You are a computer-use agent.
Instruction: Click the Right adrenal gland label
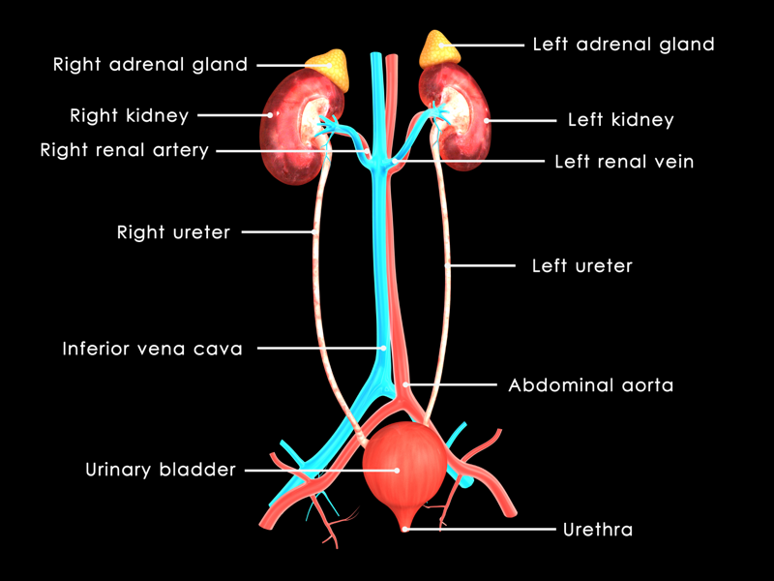tap(150, 65)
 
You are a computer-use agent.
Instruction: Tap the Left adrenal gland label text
tap(623, 45)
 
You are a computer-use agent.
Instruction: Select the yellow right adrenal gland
tap(329, 68)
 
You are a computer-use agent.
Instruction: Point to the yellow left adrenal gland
tap(438, 49)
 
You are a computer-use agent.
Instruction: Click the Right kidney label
tap(130, 115)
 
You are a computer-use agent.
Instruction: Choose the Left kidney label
tap(621, 120)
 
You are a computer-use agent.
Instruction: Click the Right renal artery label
tap(125, 150)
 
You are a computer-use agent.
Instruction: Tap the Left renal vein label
tap(624, 162)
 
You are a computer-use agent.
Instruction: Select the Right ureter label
tap(173, 232)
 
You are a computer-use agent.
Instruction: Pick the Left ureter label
tap(582, 265)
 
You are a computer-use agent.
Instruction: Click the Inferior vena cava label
tap(152, 349)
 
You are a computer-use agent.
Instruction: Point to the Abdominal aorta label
tap(591, 384)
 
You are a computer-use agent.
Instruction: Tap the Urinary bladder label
tap(161, 470)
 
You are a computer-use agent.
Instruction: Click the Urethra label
tap(598, 530)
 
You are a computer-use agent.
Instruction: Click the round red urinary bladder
tap(404, 470)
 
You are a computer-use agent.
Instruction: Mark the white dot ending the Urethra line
tap(404, 529)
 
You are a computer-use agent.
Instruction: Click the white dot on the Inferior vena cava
tap(383, 349)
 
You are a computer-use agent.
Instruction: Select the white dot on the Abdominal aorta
tap(404, 384)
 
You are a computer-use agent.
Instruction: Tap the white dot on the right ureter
tap(313, 231)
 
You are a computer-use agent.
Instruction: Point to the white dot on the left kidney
tap(487, 120)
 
